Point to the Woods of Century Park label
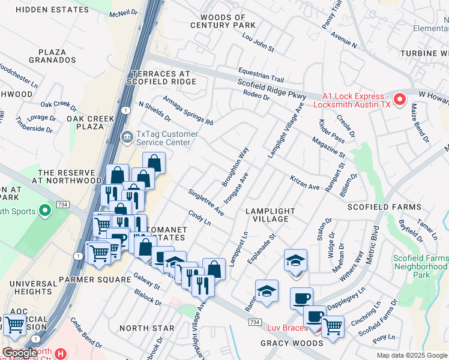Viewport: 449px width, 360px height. [x=223, y=21]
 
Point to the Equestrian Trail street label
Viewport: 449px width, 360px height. [x=261, y=74]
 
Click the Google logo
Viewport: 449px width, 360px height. [x=20, y=353]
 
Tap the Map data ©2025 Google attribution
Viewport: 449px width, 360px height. [x=412, y=355]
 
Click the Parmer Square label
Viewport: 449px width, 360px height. [x=95, y=280]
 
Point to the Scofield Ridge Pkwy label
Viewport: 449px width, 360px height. [x=271, y=91]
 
